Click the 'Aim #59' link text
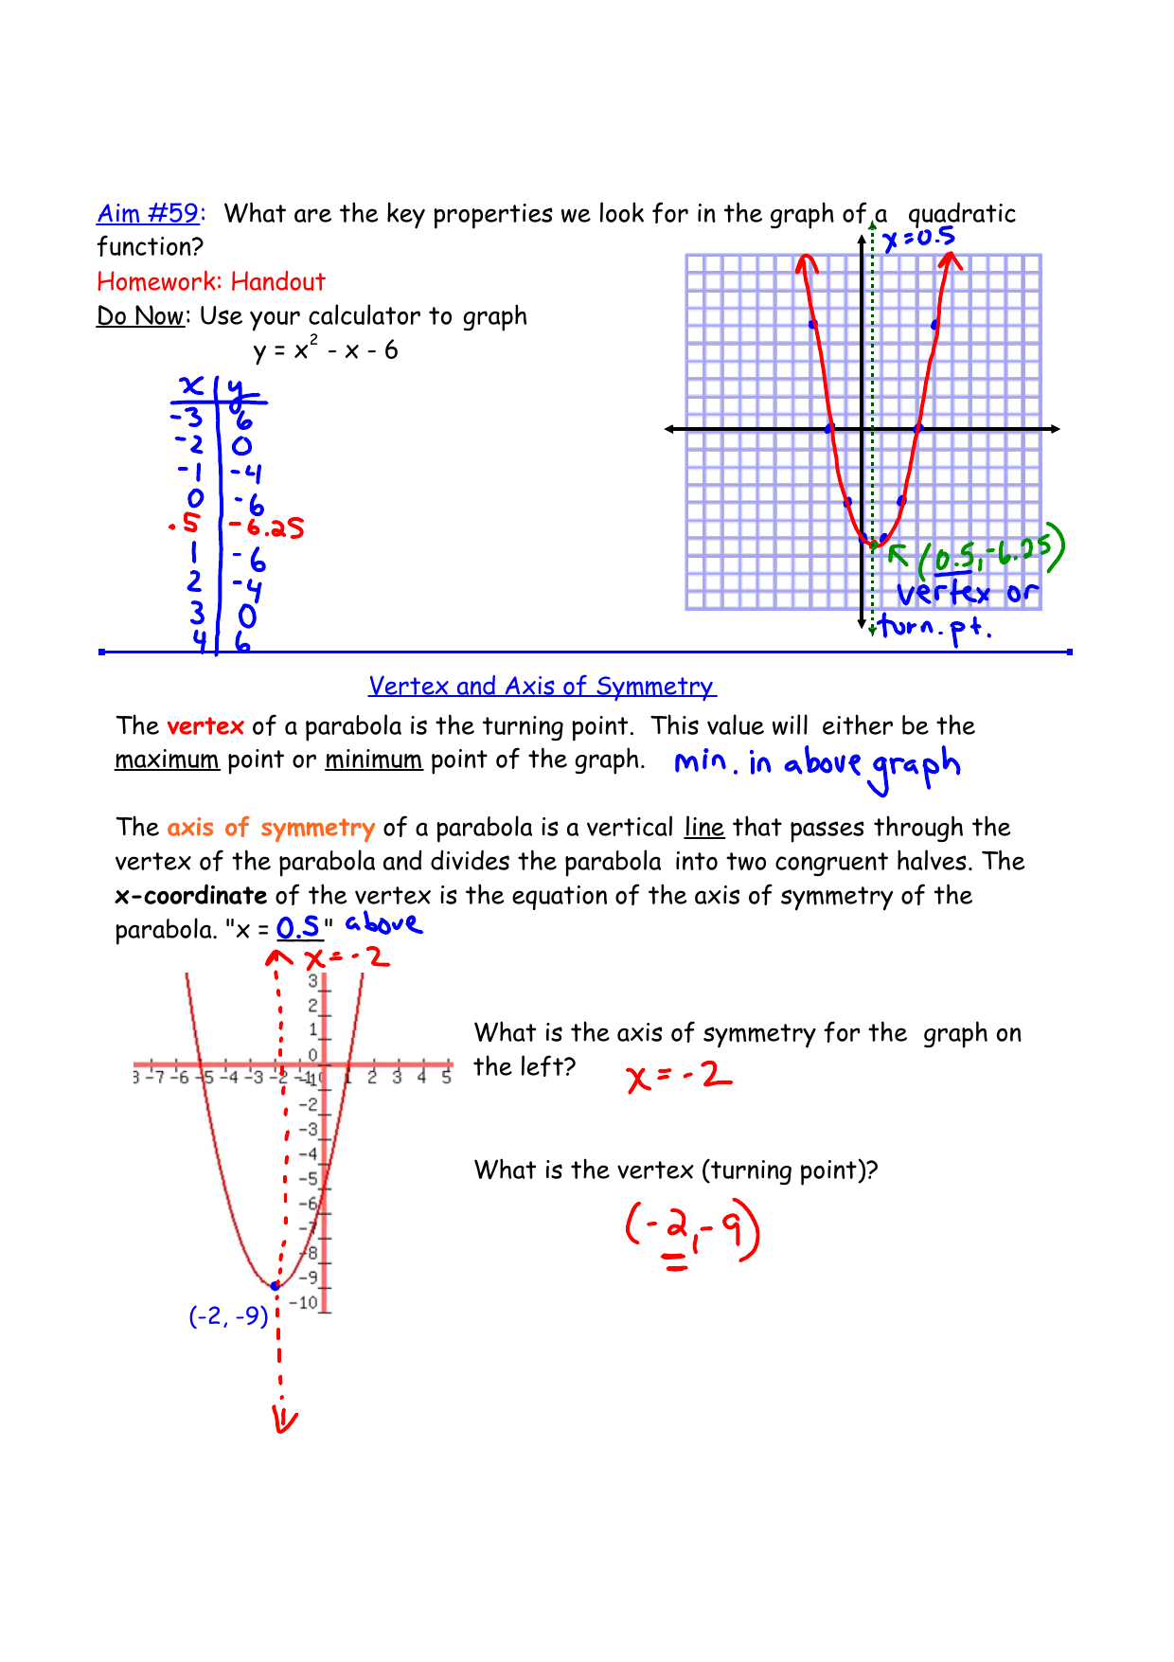click(x=149, y=214)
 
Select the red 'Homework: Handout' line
click(x=211, y=282)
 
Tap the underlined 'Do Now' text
click(x=140, y=316)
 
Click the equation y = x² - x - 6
click(x=326, y=350)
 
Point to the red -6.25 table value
click(x=268, y=527)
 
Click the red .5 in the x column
click(x=187, y=523)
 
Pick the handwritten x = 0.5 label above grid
click(x=918, y=239)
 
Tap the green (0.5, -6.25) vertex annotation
click(x=989, y=551)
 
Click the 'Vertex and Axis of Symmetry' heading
click(x=542, y=686)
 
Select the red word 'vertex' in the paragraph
click(x=205, y=726)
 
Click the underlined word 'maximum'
click(x=167, y=760)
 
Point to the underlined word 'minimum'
click(x=373, y=760)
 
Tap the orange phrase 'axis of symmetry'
click(x=271, y=828)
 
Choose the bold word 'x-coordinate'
click(x=191, y=896)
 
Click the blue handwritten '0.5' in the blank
click(x=298, y=927)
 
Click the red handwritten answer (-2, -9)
click(x=692, y=1231)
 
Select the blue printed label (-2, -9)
click(x=228, y=1316)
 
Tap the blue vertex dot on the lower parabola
click(x=275, y=1285)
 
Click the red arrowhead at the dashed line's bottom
click(x=284, y=1420)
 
